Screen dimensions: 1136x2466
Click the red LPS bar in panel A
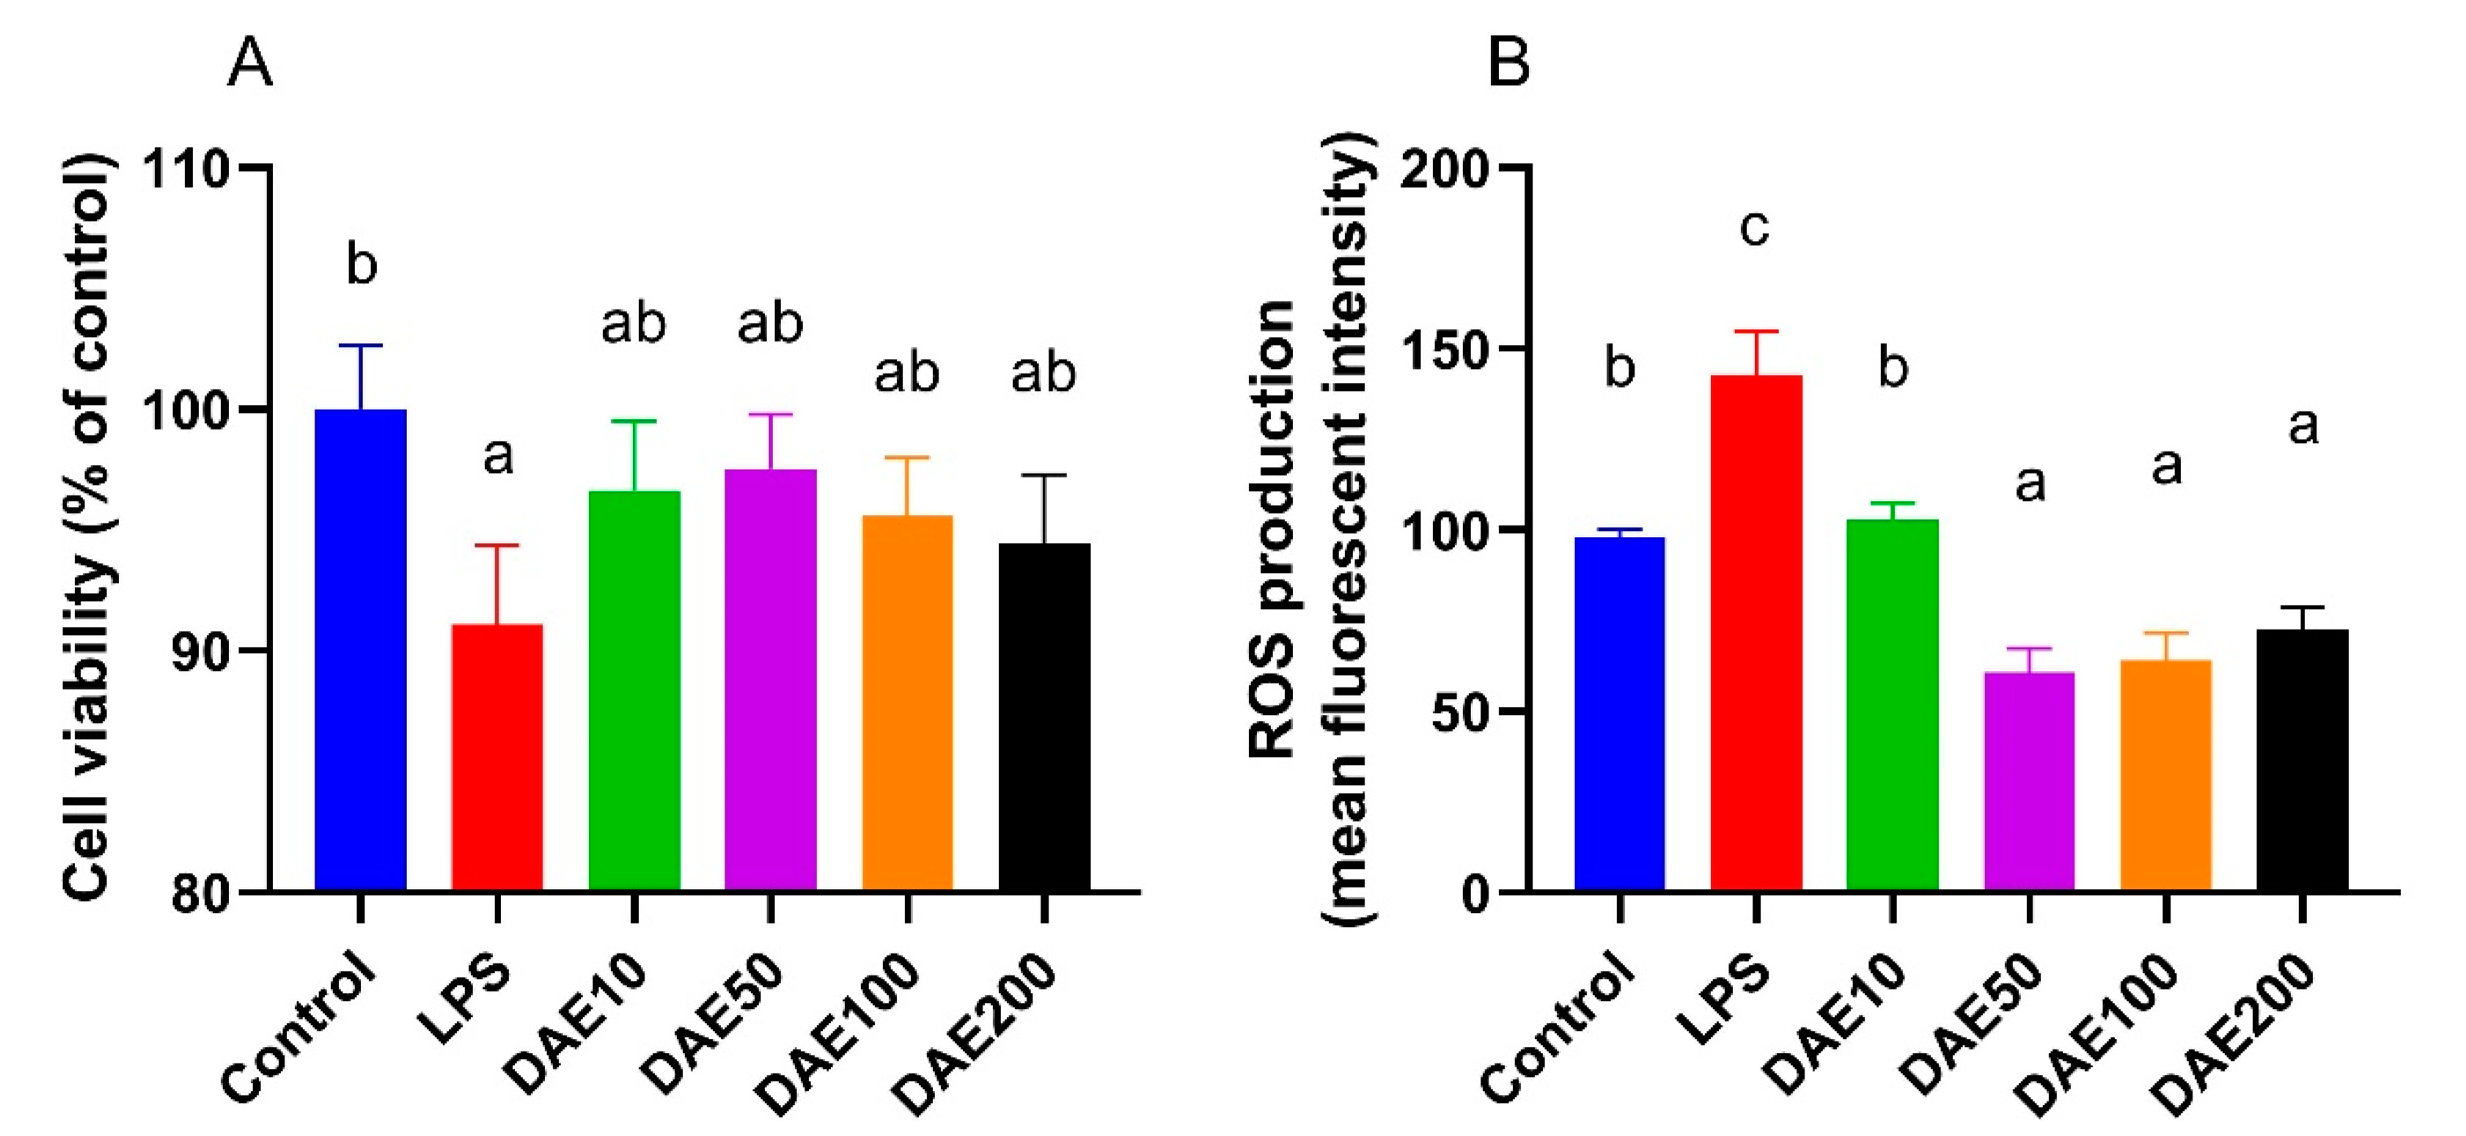(x=497, y=758)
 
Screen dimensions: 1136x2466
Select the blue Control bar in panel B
(x=1620, y=714)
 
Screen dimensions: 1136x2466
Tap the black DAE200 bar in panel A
(x=1044, y=718)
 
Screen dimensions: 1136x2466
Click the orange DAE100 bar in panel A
(x=908, y=704)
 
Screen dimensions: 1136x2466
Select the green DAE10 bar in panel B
(x=1893, y=705)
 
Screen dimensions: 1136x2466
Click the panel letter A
(x=250, y=64)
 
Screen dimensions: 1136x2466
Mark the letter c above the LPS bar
(x=1755, y=228)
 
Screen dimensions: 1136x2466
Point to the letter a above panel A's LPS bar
(x=498, y=457)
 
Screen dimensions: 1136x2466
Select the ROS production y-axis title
(x=1312, y=528)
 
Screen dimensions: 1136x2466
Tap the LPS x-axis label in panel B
(x=1722, y=1001)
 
